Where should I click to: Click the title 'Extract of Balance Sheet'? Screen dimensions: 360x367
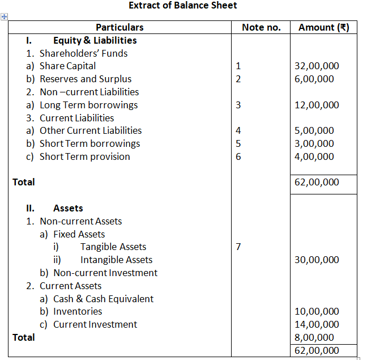click(x=183, y=6)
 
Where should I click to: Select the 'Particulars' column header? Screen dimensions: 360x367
click(x=120, y=27)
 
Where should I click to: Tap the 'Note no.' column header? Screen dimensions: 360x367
click(x=261, y=27)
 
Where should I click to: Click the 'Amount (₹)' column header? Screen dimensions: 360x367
click(x=324, y=27)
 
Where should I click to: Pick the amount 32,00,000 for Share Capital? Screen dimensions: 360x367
click(x=317, y=66)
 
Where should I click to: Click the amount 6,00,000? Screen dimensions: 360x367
click(x=314, y=79)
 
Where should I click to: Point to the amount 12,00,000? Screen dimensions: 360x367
click(x=317, y=105)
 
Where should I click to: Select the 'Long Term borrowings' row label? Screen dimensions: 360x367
click(x=88, y=105)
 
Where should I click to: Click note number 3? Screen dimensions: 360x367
click(x=238, y=105)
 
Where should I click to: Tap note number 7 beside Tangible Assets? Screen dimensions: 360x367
click(x=238, y=247)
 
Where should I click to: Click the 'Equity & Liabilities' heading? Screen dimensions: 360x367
click(x=95, y=40)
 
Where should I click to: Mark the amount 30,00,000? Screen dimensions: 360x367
click(x=317, y=260)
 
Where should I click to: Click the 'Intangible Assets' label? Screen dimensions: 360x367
click(x=116, y=260)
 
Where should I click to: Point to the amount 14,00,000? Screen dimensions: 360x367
click(x=317, y=324)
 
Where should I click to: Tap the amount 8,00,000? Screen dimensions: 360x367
click(x=314, y=337)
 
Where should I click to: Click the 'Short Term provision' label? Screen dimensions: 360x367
click(x=84, y=156)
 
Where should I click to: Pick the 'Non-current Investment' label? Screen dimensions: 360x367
click(x=105, y=273)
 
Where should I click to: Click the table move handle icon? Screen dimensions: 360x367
click(x=4, y=17)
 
